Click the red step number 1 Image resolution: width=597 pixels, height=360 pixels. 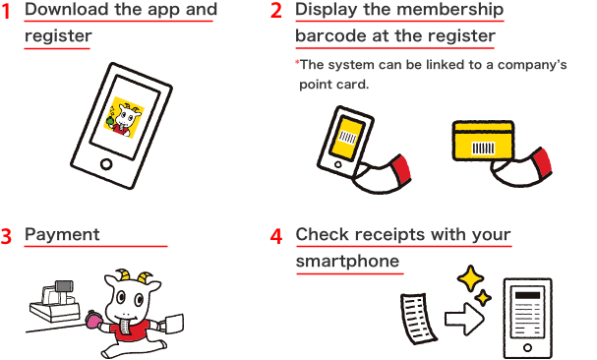pos(6,12)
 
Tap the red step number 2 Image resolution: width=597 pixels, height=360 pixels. pos(276,11)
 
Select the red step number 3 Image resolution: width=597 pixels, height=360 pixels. pos(6,236)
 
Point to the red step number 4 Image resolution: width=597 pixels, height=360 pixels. pos(276,236)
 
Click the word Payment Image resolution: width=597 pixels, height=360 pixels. pos(62,235)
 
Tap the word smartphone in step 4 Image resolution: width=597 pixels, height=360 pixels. pos(347,262)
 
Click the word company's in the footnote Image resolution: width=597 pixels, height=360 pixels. pos(532,65)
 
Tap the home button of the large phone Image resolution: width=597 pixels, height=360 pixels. pos(106,164)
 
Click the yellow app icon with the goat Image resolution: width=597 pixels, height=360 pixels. pos(124,118)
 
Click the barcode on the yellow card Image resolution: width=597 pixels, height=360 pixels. pos(483,148)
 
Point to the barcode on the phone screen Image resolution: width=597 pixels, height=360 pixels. pos(347,137)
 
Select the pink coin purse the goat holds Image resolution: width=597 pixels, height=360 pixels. pos(93,321)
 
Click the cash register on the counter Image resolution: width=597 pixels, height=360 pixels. pos(55,301)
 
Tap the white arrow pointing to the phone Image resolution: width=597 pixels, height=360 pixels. pos(464,319)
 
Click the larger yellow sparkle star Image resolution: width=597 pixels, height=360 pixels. pos(470,279)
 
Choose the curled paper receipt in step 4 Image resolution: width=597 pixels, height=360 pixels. pos(418,319)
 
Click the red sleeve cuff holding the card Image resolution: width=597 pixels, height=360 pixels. pos(541,163)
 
